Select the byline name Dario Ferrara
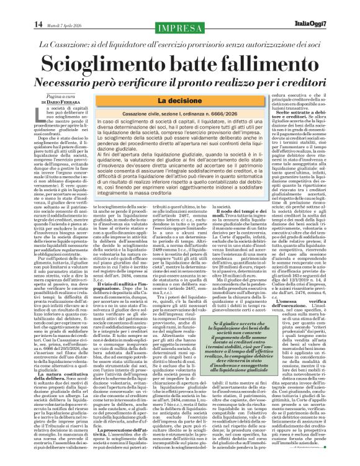(63, 101)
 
